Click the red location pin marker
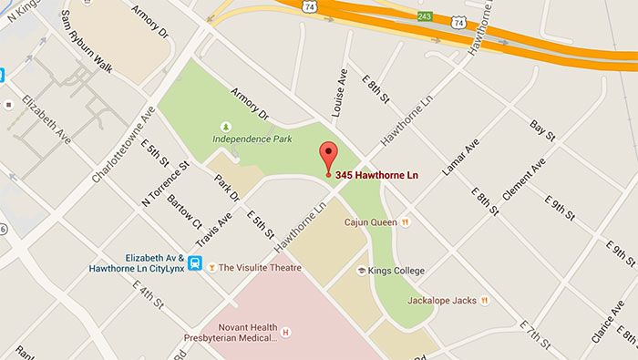[x=327, y=156]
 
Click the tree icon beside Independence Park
[x=226, y=126]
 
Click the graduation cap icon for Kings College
[x=361, y=271]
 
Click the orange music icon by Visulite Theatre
[x=212, y=268]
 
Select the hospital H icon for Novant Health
[x=285, y=331]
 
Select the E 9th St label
[x=557, y=202]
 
